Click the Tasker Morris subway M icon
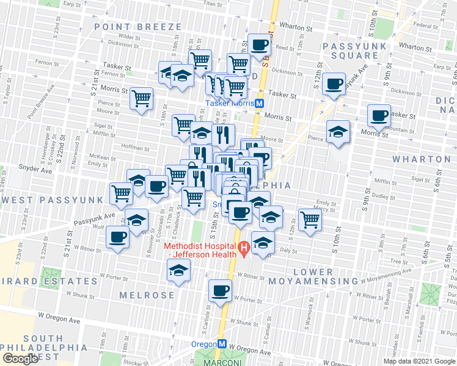(x=259, y=103)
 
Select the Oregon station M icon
(x=224, y=343)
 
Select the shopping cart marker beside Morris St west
(x=142, y=98)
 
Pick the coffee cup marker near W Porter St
(x=220, y=292)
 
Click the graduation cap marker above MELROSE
(x=179, y=270)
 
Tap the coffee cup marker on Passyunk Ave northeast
(x=333, y=84)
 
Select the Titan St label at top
(x=212, y=4)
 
